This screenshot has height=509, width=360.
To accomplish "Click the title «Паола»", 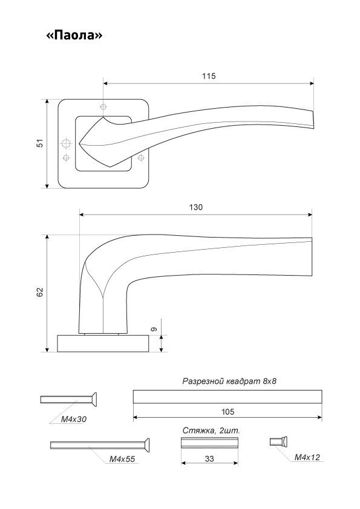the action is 74,35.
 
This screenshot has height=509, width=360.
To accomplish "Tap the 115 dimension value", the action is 209,76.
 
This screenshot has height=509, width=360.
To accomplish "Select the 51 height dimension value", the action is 40,143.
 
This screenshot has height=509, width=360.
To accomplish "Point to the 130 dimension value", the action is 195,207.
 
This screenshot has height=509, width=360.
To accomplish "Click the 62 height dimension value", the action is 40,292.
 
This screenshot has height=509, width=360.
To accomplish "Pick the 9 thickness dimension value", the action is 154,329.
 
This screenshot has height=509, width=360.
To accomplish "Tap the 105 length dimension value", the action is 227,412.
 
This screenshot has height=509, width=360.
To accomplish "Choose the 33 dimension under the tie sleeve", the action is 209,459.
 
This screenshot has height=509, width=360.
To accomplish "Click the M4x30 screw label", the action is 74,419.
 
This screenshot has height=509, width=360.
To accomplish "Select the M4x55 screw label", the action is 122,459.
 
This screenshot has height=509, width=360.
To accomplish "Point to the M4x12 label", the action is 307,458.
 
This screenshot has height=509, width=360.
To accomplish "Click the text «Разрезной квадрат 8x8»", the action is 229,381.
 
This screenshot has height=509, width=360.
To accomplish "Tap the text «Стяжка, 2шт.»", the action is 211,431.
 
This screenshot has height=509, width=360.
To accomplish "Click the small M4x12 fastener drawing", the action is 279,441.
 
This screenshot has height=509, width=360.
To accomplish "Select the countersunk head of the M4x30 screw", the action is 93,399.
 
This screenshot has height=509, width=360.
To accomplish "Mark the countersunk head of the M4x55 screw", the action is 146,445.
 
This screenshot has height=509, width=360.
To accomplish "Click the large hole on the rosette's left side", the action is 67,143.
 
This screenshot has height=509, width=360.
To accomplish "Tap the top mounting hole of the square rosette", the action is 103,107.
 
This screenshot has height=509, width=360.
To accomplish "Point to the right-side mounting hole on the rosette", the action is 141,158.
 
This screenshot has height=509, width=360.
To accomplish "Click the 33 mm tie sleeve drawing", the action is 209,443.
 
